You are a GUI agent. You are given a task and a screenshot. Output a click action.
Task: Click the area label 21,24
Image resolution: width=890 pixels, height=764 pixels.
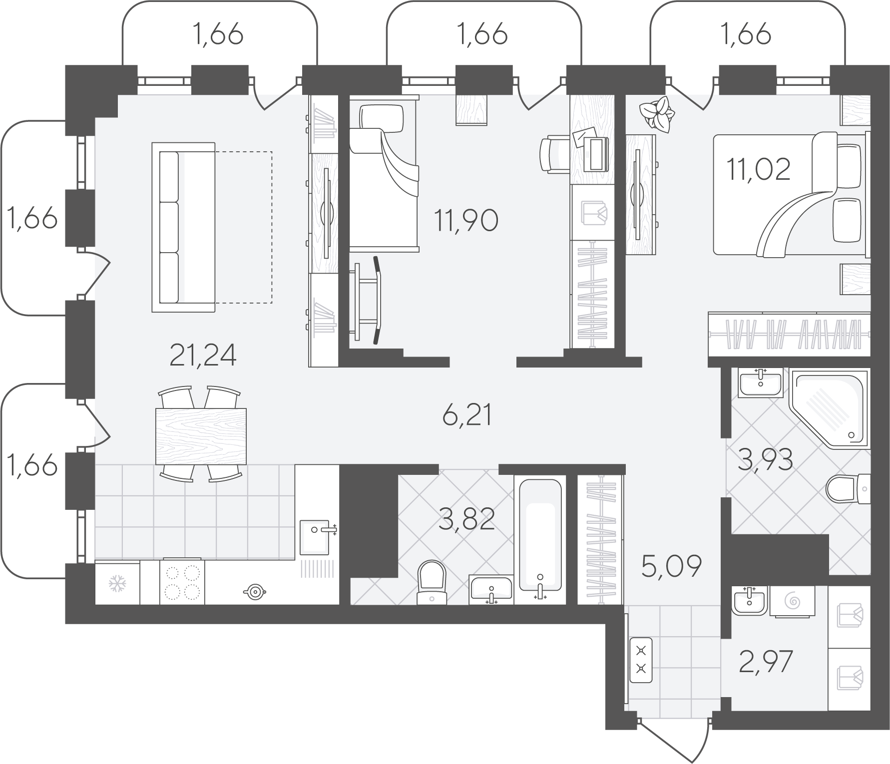203,356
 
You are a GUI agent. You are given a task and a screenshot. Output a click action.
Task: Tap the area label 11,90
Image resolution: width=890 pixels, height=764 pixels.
466,221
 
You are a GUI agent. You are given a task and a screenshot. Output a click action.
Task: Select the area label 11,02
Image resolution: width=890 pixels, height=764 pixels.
759,170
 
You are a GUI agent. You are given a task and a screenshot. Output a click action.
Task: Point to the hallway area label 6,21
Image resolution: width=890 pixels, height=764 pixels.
467,415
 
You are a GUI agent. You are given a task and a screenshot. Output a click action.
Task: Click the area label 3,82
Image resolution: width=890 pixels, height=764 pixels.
466,520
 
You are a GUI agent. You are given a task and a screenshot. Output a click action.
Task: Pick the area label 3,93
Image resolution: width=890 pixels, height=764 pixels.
765,460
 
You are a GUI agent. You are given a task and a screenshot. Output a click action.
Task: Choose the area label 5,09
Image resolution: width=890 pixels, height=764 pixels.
672,566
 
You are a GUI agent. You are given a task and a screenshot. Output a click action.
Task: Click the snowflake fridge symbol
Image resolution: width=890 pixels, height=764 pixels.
117,584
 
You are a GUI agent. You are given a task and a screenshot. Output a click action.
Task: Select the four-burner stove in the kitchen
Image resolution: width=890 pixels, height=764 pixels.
182,582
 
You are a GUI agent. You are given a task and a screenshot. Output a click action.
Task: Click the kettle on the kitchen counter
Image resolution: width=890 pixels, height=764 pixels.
255,592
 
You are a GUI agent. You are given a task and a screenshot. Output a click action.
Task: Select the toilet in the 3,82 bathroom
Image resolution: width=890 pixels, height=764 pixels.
431,581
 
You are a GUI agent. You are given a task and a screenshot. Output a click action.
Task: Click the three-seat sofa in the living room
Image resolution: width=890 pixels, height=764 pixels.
183,227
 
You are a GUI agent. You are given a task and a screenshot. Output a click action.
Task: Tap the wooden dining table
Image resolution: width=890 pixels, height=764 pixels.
201,436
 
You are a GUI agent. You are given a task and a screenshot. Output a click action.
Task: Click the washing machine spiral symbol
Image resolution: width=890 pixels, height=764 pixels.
792,601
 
